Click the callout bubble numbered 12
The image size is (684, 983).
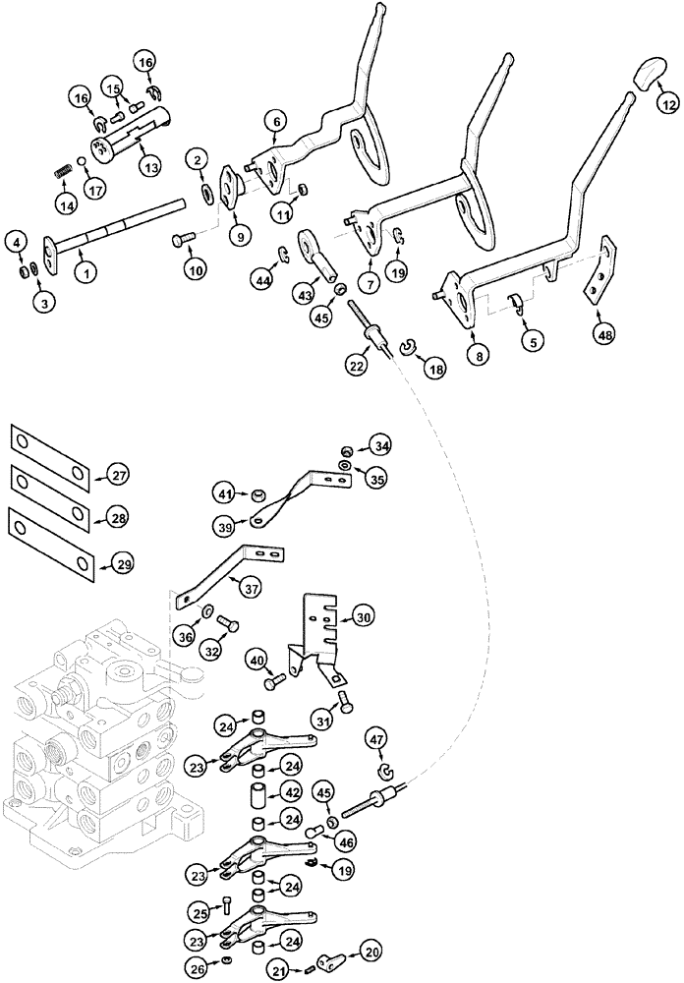coord(667,101)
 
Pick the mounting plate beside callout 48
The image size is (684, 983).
coord(598,278)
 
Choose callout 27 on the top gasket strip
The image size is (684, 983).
coord(118,476)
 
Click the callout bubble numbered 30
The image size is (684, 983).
coord(364,618)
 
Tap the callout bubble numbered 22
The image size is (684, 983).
coord(356,366)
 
